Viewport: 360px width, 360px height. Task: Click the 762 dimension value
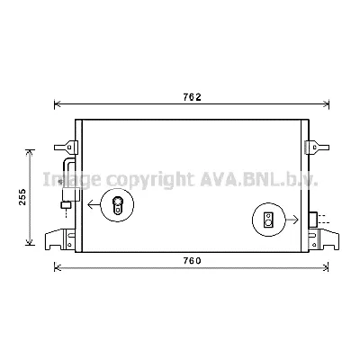pos(192,97)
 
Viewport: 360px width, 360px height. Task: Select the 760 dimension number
pos(190,261)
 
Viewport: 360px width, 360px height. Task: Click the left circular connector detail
pos(116,206)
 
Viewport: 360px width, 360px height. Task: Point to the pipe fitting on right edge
pos(312,219)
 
